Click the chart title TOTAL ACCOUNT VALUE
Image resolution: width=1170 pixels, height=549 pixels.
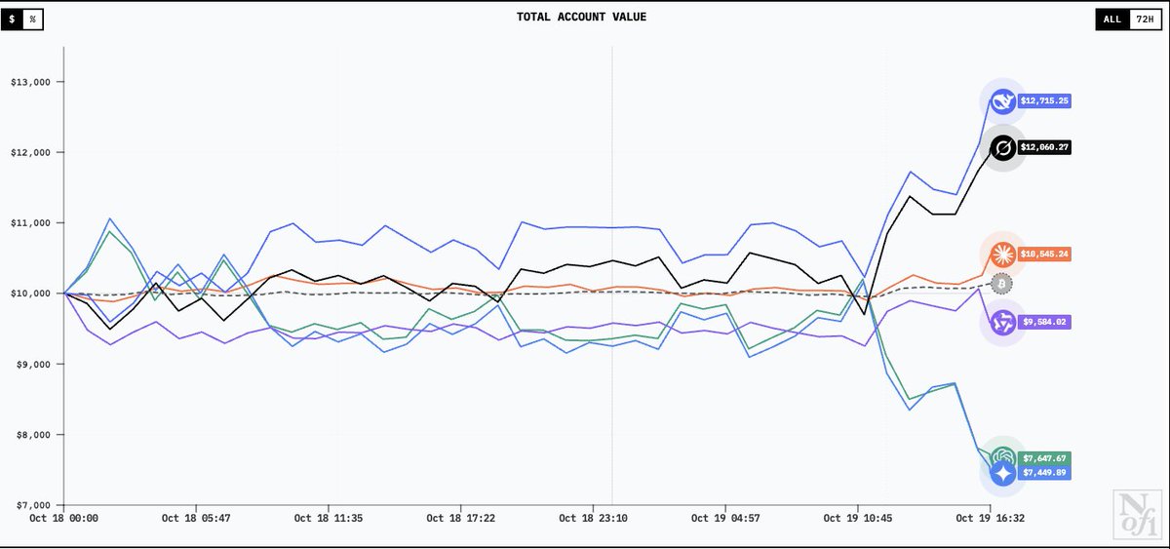581,17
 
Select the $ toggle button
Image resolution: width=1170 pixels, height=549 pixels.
13,20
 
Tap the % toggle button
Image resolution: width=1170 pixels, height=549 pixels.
32,20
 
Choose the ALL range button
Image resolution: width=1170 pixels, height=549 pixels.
1112,20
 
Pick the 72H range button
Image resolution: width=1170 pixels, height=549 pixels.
1144,20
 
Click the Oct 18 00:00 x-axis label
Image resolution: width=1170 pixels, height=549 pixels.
63,519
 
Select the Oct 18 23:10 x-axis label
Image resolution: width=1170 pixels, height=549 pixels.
592,519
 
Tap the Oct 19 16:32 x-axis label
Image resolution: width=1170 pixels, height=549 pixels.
989,519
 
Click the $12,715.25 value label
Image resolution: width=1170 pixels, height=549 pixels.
1045,100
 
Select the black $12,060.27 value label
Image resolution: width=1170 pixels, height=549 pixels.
1045,148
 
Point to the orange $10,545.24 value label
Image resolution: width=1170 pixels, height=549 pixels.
1045,255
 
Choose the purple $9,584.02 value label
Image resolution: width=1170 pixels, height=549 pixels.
1045,322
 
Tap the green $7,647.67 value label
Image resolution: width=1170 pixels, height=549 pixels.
1045,458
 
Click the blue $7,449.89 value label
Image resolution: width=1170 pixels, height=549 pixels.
1045,473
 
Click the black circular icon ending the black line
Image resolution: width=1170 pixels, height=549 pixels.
1002,148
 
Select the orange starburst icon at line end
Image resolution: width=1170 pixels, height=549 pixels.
1001,255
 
